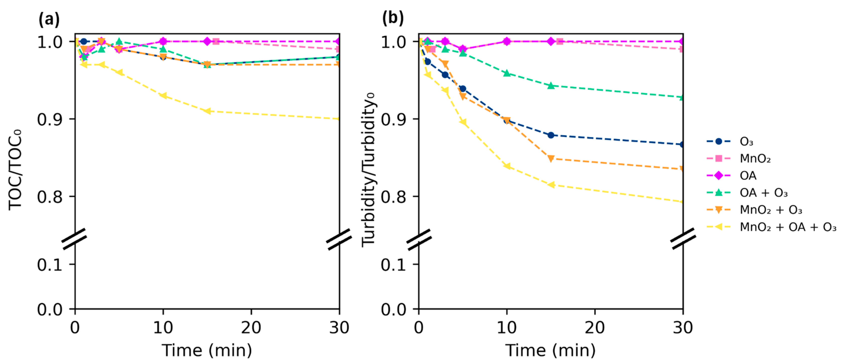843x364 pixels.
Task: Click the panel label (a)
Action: (49, 19)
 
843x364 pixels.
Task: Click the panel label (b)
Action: (393, 18)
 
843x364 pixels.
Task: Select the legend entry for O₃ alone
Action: (747, 142)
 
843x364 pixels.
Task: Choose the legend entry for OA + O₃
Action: (763, 193)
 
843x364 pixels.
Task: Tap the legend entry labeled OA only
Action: (748, 176)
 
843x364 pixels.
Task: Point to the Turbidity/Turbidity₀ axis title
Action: (369, 170)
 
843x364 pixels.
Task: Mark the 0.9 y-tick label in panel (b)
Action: (393, 119)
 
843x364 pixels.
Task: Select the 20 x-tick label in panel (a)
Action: (251, 327)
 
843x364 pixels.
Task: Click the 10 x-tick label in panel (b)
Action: (507, 327)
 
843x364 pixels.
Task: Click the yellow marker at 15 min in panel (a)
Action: (207, 111)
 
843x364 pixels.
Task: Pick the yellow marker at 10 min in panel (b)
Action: (507, 166)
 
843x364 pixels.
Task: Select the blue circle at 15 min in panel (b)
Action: (551, 135)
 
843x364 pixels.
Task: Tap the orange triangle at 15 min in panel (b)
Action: (551, 159)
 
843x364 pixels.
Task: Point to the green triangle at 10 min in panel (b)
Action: (507, 73)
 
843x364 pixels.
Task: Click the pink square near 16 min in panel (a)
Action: (216, 41)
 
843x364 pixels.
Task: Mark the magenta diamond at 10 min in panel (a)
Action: (163, 41)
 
